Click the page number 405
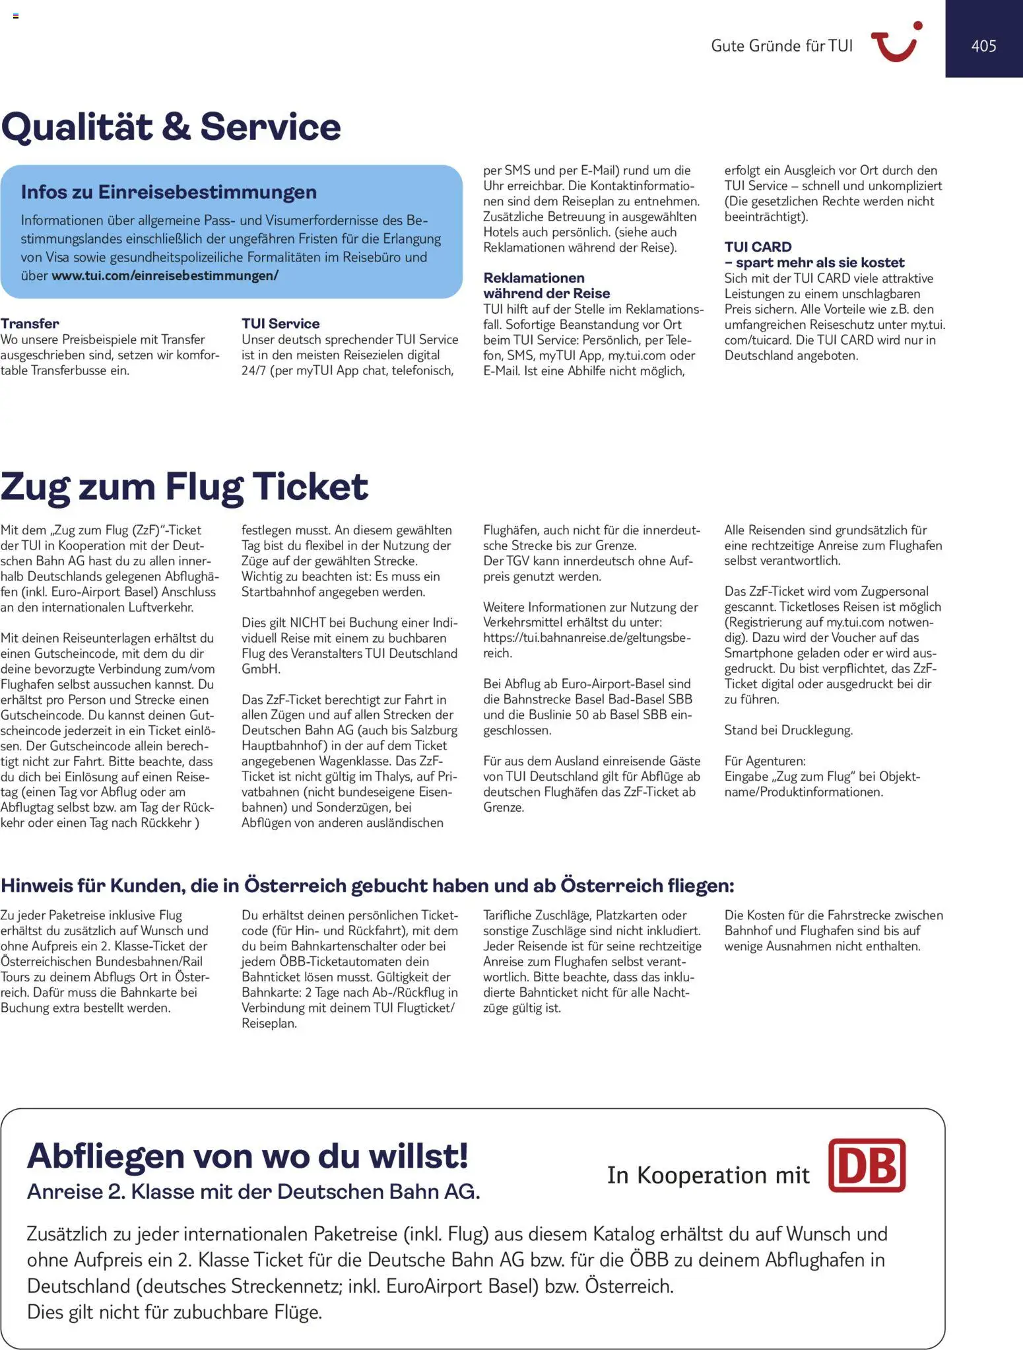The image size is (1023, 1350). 983,46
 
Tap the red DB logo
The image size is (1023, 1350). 867,1166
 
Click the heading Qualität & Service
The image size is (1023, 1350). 171,126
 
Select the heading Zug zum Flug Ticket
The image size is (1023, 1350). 184,487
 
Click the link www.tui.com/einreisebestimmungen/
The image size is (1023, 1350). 165,275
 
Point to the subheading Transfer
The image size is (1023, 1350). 30,324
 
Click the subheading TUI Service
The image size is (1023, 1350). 280,324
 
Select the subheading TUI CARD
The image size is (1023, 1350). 758,247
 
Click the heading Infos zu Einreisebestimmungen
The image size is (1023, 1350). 169,192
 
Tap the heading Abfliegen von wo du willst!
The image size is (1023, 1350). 247,1156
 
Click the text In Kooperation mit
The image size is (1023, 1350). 708,1175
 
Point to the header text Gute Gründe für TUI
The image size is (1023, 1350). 781,46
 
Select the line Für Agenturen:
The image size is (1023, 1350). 765,761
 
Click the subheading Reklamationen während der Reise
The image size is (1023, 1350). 546,285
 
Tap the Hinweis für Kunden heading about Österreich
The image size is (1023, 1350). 367,885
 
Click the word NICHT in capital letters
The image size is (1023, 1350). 308,622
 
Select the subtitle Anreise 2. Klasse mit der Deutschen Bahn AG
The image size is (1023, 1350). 253,1191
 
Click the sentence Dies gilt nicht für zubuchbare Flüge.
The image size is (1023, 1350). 174,1312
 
